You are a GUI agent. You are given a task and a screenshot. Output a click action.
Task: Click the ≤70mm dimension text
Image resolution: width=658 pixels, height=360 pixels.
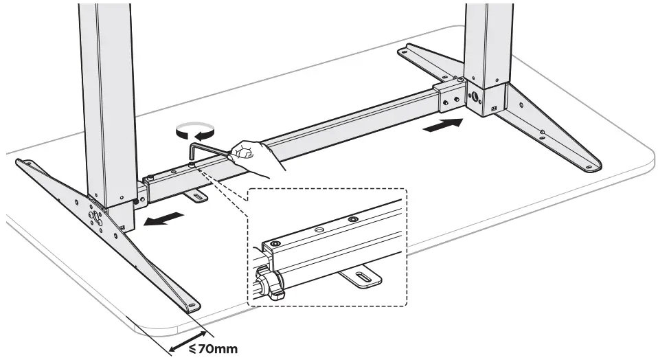tap(213, 349)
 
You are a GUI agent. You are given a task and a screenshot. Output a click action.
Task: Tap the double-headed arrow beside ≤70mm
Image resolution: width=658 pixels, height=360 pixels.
tap(181, 341)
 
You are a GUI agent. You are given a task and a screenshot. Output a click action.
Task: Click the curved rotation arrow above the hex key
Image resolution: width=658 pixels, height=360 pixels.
tap(195, 128)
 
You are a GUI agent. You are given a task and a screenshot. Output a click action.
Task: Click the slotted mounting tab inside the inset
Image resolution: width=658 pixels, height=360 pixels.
tap(360, 278)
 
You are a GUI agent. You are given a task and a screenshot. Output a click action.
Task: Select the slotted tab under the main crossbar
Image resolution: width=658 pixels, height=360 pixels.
tap(198, 198)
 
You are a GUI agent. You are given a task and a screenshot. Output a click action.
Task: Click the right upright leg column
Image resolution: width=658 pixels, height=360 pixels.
tap(488, 41)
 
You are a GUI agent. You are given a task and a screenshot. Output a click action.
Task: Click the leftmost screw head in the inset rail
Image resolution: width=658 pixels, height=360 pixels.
tap(275, 244)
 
